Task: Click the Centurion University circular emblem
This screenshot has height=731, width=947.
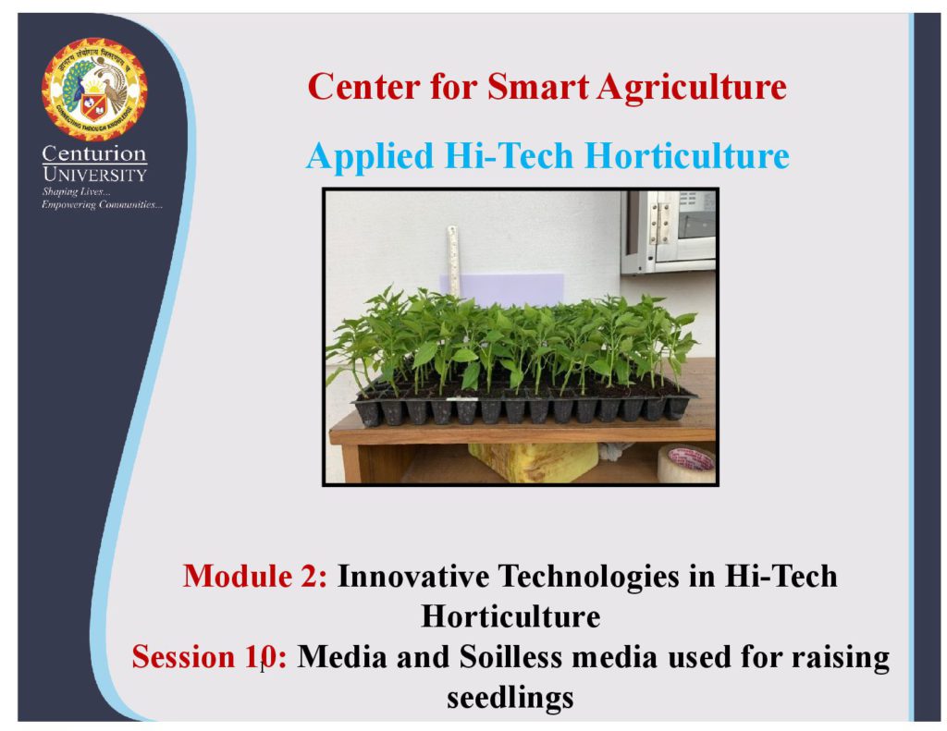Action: pos(94,89)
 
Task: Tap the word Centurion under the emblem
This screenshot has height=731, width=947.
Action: pos(94,154)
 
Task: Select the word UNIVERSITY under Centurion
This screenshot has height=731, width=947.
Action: pos(95,175)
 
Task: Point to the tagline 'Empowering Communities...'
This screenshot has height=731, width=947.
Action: pos(102,205)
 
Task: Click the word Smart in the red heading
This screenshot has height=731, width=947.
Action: pos(537,86)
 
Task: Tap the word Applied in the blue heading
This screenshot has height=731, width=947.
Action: pos(370,156)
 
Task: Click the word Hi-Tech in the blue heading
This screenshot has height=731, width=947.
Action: pos(509,155)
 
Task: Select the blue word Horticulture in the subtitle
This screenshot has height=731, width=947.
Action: pos(687,155)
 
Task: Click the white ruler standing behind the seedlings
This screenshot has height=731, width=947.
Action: pos(453,261)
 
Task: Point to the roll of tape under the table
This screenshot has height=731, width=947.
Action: pos(686,463)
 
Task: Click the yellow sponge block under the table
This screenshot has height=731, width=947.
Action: pos(533,462)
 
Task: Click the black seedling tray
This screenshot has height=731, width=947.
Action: pos(524,405)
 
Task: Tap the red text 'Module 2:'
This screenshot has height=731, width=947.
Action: pos(255,576)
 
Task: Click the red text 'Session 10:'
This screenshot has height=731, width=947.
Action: pos(209,657)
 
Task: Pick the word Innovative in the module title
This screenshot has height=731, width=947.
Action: pos(413,576)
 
